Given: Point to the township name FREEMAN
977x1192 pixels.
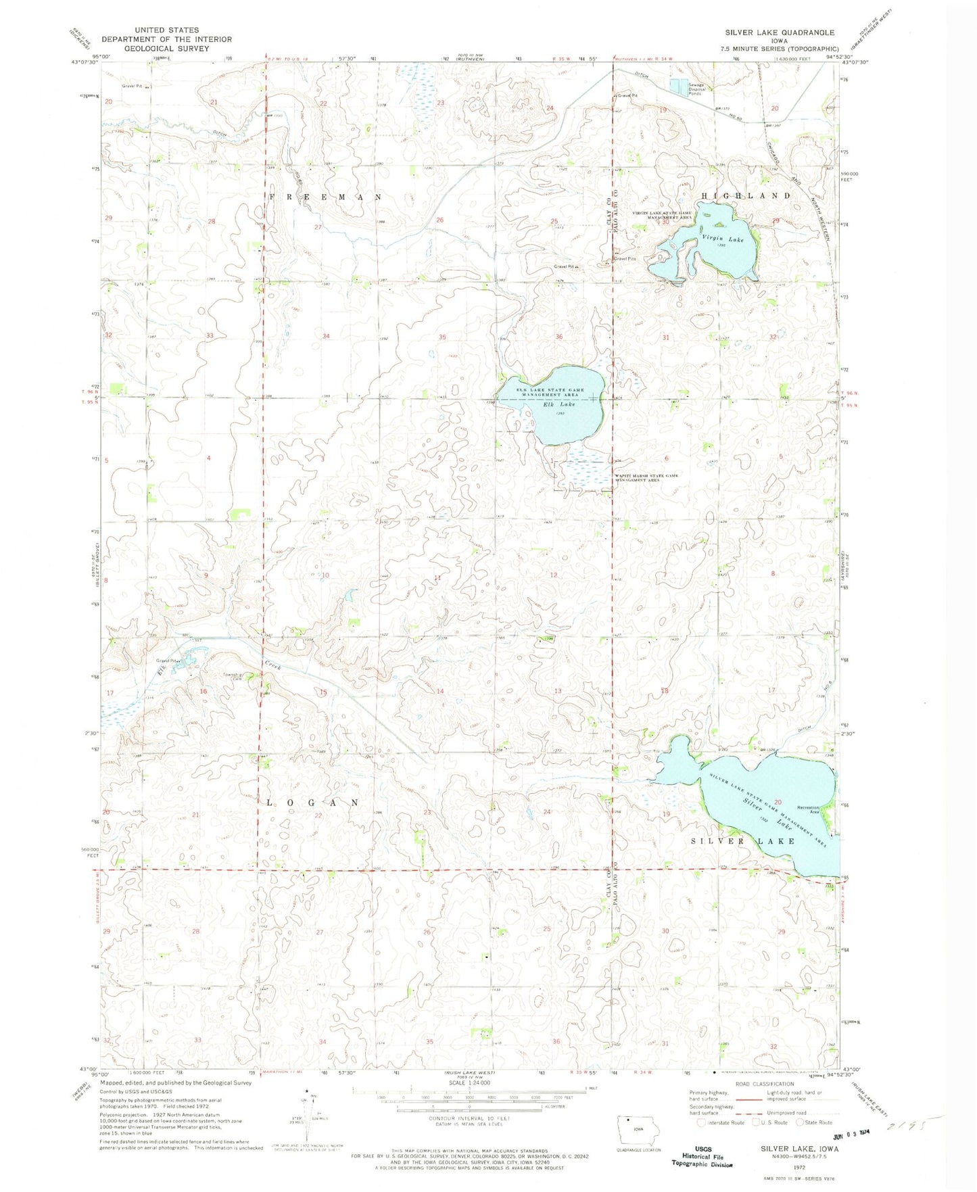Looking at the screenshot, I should coord(325,197).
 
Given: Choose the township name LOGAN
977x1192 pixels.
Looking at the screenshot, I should coord(312,803).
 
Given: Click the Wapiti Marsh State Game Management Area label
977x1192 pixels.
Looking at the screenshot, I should coord(645,477).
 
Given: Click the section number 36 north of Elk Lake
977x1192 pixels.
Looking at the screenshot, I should coord(559,337).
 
